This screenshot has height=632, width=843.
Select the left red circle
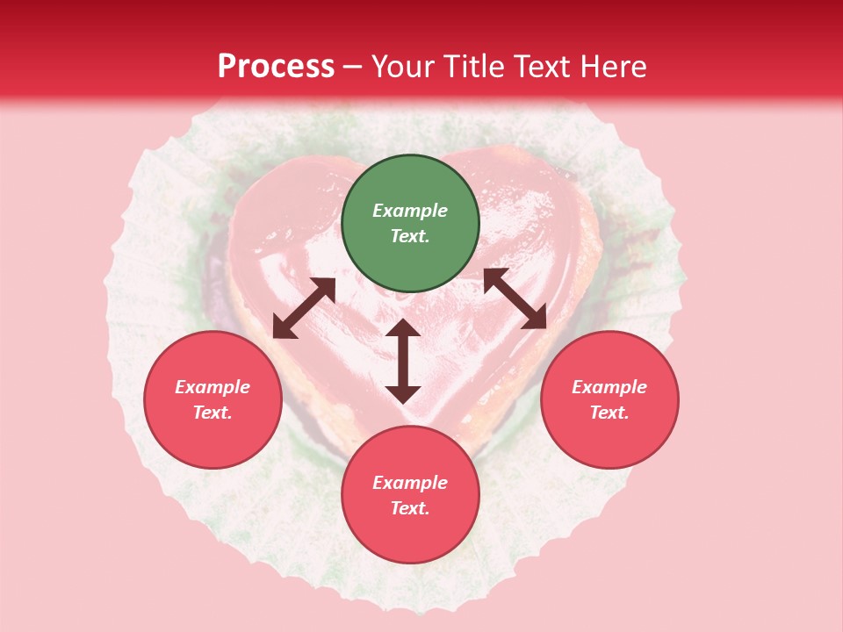coord(213,399)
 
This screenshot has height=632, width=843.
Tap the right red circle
coord(609,399)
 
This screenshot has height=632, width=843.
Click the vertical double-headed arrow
coord(403,361)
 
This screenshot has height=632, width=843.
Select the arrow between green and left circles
coord(304,308)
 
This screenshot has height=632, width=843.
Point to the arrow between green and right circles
coord(515,298)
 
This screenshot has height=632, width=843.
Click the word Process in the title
coord(276,67)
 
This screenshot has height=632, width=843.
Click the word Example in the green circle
coord(410,211)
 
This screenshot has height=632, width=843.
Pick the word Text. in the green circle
coord(410,236)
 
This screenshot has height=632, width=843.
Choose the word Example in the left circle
coord(213,387)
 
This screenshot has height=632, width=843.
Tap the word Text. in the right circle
coord(609,413)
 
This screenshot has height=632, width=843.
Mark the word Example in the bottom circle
coord(410,483)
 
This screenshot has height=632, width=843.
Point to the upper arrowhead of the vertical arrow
coord(403,329)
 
